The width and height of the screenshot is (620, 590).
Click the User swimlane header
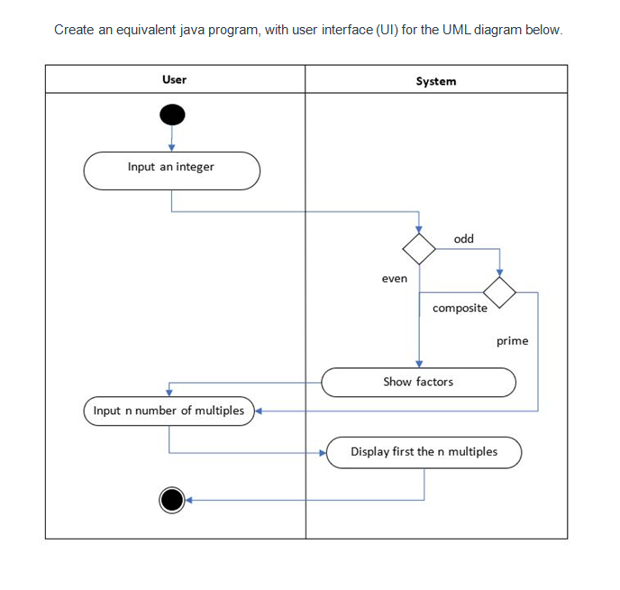click(174, 79)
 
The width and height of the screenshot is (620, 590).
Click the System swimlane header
click(435, 81)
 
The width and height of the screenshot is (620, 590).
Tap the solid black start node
click(171, 115)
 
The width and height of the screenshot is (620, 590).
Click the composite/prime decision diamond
click(499, 291)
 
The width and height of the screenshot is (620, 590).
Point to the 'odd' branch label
click(463, 239)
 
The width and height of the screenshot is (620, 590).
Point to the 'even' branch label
click(394, 279)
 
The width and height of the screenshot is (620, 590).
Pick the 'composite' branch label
click(460, 308)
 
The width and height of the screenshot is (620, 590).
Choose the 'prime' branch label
click(512, 341)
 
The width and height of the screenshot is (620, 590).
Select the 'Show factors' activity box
click(418, 382)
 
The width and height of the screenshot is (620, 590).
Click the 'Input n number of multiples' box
click(169, 410)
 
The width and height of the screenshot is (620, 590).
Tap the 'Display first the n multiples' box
click(424, 452)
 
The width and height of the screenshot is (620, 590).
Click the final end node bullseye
click(171, 499)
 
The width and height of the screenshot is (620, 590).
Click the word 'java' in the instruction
click(192, 30)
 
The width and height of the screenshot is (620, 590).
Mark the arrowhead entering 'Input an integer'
click(171, 148)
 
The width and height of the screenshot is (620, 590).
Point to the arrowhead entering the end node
click(190, 499)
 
